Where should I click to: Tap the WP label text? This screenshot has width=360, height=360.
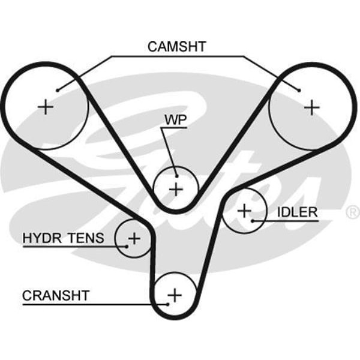coord(175,120)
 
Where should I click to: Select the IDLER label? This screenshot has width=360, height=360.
coord(297,212)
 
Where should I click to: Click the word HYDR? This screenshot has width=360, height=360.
coord(44,238)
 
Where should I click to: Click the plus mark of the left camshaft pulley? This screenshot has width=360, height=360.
coord(46,107)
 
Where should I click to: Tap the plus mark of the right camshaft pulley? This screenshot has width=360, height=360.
coord(311,107)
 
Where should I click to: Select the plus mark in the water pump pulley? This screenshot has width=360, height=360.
coord(175,190)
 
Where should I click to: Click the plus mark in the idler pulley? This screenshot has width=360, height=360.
coord(244,211)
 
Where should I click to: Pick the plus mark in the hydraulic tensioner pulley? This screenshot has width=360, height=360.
coord(134,238)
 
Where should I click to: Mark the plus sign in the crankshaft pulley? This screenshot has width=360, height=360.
coord(174,295)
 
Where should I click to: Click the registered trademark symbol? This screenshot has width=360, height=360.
coord(353,212)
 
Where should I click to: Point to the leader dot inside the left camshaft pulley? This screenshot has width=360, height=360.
coord(58,90)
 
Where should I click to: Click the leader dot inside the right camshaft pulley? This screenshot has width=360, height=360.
coord(298,91)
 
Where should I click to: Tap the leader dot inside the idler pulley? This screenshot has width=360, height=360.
coord(253,221)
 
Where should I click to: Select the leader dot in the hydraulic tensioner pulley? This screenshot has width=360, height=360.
coord(127,245)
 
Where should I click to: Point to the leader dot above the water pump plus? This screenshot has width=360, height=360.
coord(175,175)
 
